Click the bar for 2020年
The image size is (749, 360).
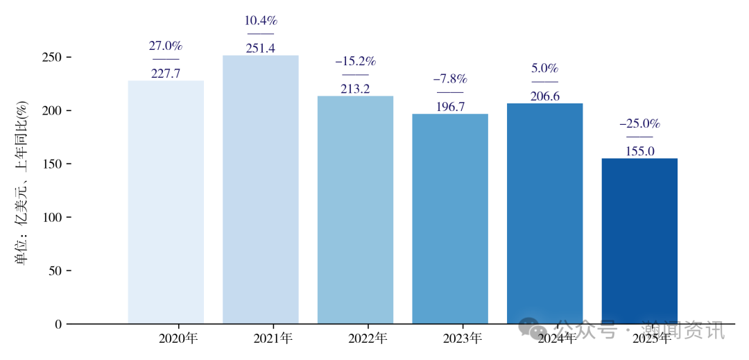click(166, 202)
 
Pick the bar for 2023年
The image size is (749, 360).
click(450, 218)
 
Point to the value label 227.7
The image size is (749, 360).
click(166, 74)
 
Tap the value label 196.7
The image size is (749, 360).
click(450, 107)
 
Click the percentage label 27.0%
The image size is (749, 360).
click(166, 46)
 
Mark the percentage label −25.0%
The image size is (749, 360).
click(639, 124)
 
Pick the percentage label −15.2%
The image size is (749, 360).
click(355, 62)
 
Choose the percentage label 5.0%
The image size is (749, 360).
click(545, 69)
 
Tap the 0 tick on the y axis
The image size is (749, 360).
click(58, 324)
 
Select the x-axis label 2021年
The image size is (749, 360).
click(273, 339)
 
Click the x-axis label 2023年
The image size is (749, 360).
click(462, 339)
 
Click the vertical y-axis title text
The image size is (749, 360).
click(21, 183)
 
